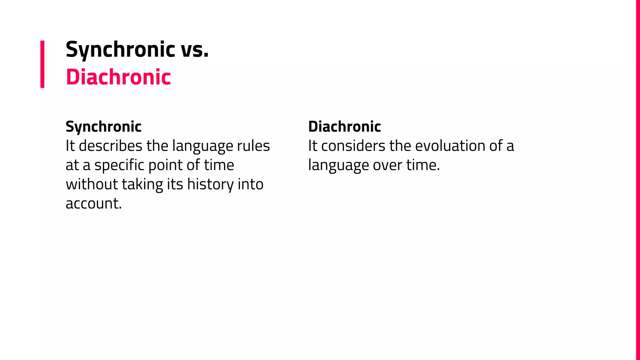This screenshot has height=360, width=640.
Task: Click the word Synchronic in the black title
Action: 120,49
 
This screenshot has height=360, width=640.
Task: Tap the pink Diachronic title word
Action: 118,77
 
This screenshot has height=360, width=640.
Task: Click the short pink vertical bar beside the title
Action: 42,64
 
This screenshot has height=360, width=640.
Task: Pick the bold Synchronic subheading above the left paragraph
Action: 103,127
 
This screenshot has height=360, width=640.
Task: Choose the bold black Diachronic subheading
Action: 344,127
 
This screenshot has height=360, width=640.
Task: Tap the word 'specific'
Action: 119,165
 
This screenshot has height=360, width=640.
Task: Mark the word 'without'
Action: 92,184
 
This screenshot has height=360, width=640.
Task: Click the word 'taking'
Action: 142,185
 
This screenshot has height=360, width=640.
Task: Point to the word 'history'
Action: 210,184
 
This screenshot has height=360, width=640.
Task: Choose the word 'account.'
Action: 93,203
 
